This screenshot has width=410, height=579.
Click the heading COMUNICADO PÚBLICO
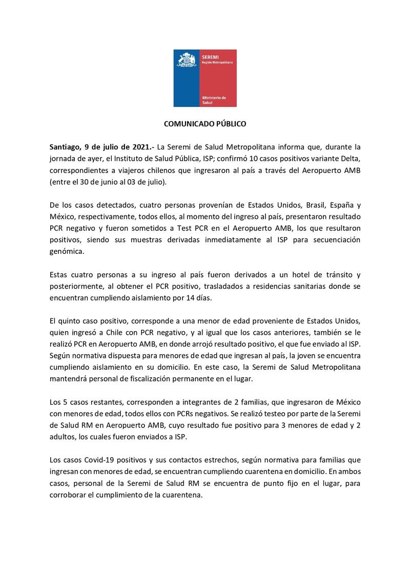pyautogui.click(x=205, y=124)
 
